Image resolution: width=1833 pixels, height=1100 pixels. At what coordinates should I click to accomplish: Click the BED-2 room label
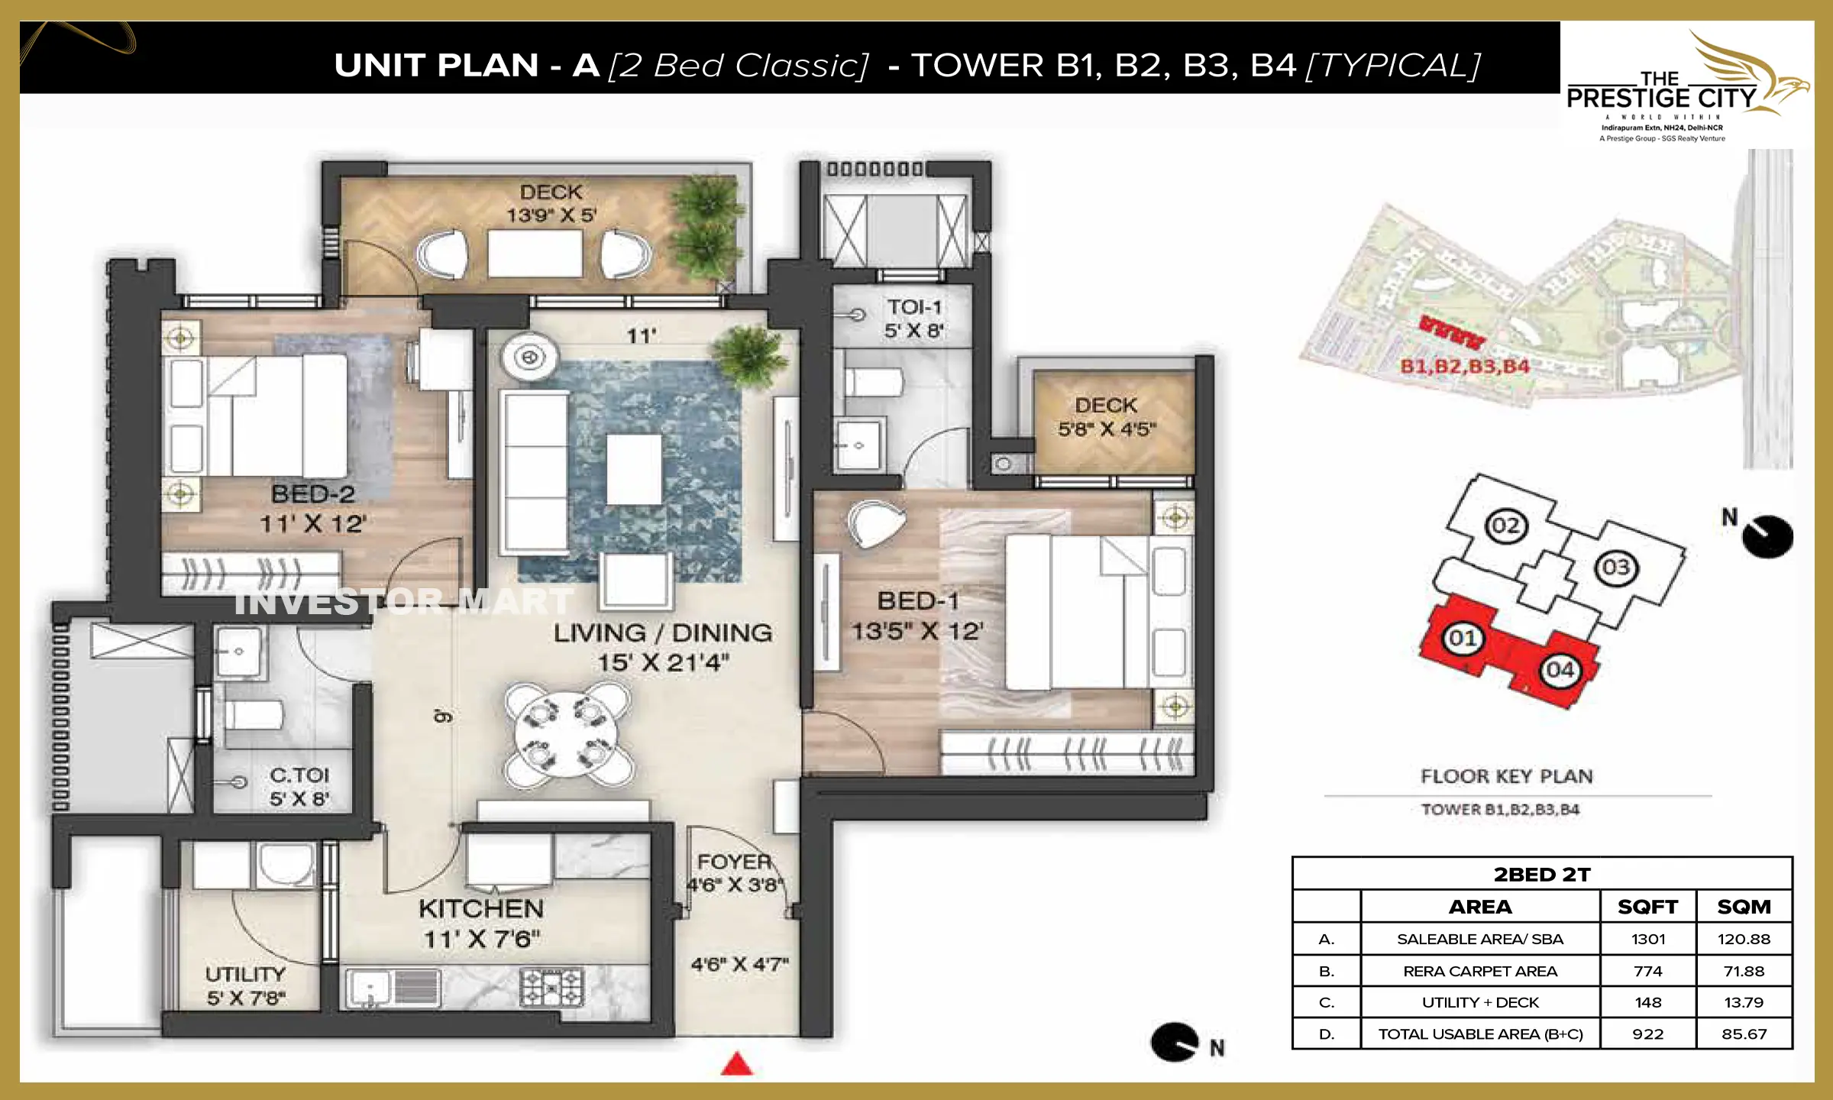(313, 495)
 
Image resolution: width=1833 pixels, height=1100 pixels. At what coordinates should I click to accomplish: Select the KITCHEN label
(481, 909)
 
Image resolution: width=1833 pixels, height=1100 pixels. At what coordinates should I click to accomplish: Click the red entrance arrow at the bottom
(737, 1064)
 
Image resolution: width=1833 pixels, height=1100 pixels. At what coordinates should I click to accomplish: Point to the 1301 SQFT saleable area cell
(1647, 939)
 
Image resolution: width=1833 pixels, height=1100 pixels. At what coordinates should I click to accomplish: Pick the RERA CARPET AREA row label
(1479, 971)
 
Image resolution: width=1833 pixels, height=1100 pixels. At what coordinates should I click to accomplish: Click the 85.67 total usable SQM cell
(1744, 1034)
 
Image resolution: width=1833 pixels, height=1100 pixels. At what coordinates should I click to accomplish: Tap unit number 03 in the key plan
(1615, 568)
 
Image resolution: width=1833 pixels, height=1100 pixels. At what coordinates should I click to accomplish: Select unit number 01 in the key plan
(1462, 638)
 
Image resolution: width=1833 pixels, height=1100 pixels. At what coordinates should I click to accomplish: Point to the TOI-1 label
(914, 307)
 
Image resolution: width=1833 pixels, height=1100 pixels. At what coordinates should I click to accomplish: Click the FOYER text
(734, 862)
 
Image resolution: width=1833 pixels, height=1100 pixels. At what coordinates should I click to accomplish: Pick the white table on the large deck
(535, 253)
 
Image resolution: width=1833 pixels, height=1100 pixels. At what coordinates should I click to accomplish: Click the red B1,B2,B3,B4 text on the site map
(1465, 367)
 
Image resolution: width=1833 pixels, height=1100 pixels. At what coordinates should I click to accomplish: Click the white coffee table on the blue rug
(634, 469)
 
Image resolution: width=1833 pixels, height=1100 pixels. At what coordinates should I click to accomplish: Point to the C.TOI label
(299, 775)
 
